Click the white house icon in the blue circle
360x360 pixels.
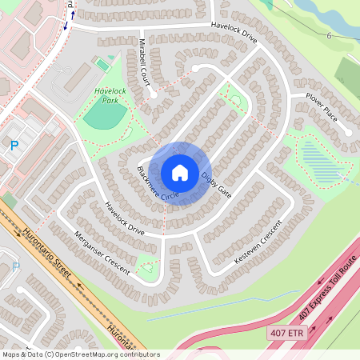coord(180,173)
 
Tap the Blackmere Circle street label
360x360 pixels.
coord(158,184)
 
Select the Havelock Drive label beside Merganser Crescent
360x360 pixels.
coord(124,218)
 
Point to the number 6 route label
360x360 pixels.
coord(328,36)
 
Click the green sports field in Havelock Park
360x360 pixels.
coord(104,116)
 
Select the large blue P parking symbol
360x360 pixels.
coord(13,146)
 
